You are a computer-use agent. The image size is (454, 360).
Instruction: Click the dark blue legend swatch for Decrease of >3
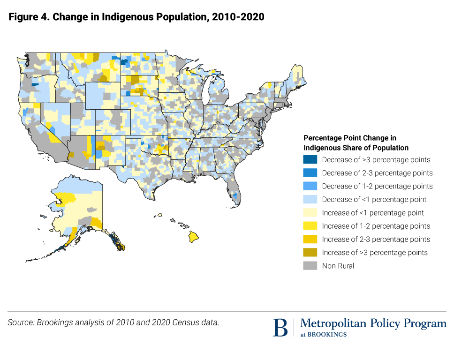[x=310, y=159]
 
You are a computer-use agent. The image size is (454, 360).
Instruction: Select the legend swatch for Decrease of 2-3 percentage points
[x=310, y=172]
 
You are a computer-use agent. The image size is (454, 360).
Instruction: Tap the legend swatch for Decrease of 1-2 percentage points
[x=310, y=186]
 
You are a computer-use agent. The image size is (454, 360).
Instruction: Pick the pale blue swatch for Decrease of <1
[x=310, y=199]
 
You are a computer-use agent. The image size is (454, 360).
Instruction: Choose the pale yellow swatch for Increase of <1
[x=310, y=212]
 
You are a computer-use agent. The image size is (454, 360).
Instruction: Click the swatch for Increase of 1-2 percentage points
[x=310, y=226]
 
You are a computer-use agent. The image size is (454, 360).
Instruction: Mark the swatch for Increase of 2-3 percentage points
[x=310, y=239]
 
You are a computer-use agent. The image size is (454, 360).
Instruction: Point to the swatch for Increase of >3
[x=310, y=252]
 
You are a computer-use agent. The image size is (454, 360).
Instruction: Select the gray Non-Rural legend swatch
[x=310, y=266]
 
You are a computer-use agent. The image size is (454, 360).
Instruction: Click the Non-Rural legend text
[x=338, y=266]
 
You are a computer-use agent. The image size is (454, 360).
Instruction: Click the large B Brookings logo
[x=280, y=327]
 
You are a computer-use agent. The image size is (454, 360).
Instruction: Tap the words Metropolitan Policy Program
[x=373, y=323]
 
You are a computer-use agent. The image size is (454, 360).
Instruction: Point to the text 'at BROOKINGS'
[x=324, y=335]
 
